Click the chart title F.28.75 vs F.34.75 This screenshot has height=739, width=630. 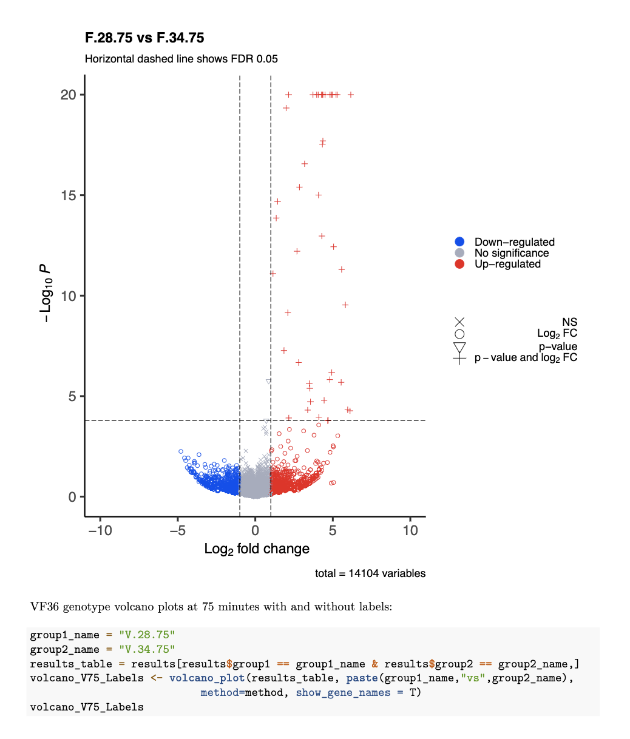click(144, 38)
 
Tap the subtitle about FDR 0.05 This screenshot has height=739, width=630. click(181, 59)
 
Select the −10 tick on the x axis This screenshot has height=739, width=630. click(100, 530)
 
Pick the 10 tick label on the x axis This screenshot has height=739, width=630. click(410, 530)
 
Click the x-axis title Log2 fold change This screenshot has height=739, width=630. click(257, 549)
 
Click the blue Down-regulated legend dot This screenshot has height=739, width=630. click(459, 242)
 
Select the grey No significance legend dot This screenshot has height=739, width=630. click(459, 253)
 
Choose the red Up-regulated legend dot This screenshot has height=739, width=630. click(459, 264)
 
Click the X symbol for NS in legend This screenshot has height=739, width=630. click(459, 322)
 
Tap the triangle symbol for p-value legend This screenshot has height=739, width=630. click(459, 347)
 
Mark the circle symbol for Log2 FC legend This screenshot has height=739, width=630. click(459, 334)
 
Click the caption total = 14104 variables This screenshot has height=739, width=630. click(370, 573)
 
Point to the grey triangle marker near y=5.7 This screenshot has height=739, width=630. click(268, 381)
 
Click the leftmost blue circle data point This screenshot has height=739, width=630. click(181, 451)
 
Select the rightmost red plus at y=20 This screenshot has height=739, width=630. click(350, 95)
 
